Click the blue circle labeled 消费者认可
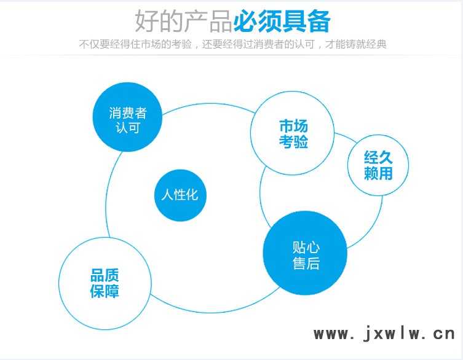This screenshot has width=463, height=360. click(x=127, y=117)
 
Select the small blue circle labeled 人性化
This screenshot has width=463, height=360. click(x=180, y=195)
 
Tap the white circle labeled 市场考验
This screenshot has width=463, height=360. click(x=292, y=133)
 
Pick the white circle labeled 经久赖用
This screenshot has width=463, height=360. click(x=378, y=165)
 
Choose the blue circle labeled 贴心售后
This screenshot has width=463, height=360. click(x=305, y=253)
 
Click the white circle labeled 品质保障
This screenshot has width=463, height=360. click(x=105, y=284)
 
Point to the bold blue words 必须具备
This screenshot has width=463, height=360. click(x=282, y=22)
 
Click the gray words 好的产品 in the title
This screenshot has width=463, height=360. click(x=184, y=22)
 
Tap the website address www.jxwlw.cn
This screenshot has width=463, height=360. click(x=384, y=334)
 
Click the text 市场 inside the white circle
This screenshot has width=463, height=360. click(x=293, y=126)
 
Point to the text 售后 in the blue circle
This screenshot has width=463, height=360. click(x=306, y=263)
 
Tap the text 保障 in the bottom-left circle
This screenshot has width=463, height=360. click(x=105, y=291)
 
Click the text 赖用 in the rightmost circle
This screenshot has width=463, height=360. click(x=378, y=173)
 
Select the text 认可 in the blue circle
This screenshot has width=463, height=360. click(x=127, y=128)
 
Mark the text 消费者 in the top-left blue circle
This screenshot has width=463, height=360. click(x=127, y=113)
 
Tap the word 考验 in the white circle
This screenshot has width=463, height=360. click(x=293, y=141)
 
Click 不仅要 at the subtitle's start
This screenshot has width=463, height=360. click(x=94, y=44)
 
